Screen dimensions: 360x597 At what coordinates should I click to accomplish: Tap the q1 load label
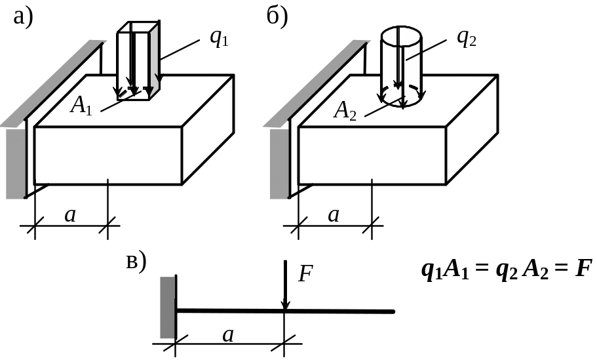219,37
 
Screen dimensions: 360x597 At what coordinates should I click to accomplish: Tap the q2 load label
466,37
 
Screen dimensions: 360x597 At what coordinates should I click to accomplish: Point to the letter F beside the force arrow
305,273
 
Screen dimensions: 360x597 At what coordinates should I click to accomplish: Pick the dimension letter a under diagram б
334,214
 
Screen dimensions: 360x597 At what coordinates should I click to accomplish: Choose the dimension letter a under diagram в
228,335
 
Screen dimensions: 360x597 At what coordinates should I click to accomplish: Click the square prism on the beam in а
138,59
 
